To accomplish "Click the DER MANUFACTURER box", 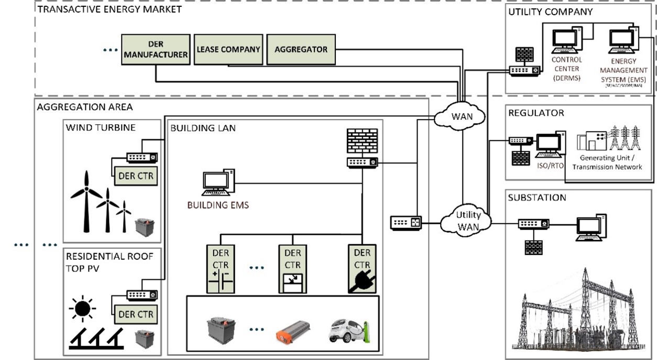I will pos(156,50).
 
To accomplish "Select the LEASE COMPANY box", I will pos(228,49).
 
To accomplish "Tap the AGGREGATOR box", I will pos(301,49).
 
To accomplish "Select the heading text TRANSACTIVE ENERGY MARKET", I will pos(109,9).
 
